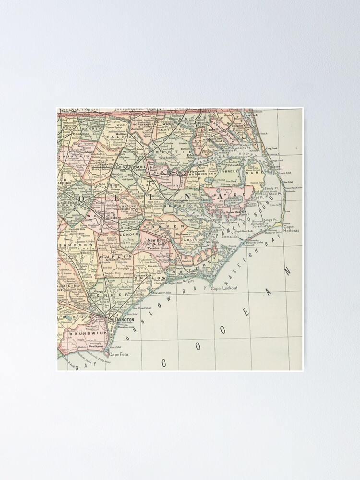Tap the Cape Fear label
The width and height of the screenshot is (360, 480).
coord(119,355)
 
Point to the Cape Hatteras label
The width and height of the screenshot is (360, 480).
coord(291,228)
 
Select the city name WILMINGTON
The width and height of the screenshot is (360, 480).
coord(122,319)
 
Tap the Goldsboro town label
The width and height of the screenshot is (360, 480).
coord(113,217)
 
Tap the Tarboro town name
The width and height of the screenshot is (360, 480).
coord(140,169)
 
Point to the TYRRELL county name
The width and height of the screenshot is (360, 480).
coord(231,171)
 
